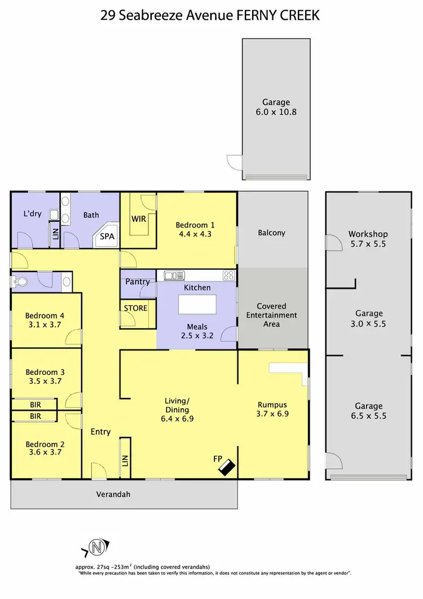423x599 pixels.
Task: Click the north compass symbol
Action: (97, 546)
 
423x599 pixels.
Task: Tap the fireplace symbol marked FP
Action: (228, 466)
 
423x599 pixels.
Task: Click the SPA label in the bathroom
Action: (107, 237)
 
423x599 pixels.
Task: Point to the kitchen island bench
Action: (197, 304)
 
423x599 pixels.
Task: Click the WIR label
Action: (139, 218)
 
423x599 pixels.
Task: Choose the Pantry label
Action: (138, 282)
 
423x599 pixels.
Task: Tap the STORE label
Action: (136, 308)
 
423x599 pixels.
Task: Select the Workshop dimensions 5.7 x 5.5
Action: (368, 244)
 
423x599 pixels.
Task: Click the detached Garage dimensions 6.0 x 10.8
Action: (276, 112)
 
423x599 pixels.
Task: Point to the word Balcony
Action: (272, 233)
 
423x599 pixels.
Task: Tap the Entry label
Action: (100, 432)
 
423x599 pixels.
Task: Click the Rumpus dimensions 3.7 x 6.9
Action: (272, 414)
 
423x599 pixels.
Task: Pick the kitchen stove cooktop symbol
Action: (228, 276)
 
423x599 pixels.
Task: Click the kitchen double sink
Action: (174, 276)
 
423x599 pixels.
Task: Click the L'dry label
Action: (32, 214)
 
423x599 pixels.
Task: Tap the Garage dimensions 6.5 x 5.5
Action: (369, 416)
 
